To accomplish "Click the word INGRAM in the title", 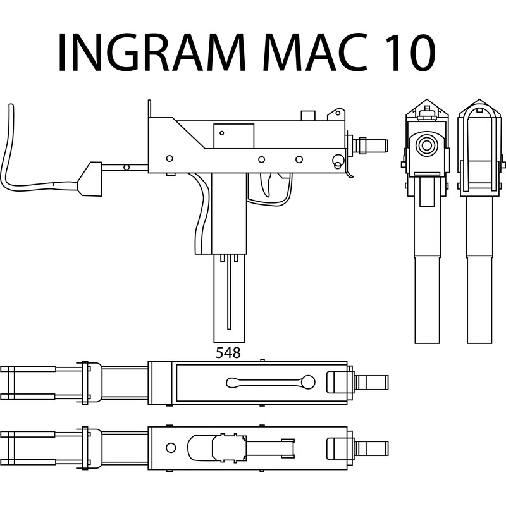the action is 151,52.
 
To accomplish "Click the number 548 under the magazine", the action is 228,353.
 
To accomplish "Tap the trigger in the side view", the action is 267,185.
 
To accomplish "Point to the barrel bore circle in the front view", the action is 426,145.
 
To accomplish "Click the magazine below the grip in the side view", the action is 229,298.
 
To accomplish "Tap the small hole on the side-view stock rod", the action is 126,167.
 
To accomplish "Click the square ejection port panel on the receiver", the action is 233,136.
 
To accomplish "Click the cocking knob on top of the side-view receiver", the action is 308,116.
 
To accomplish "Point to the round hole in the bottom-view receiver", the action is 171,448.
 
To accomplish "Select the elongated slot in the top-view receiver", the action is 271,383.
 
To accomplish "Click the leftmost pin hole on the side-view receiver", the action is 170,159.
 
